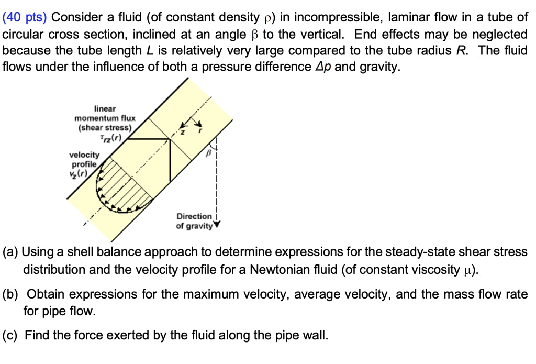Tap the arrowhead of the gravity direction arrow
coord(216,226)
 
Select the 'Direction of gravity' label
coord(194,221)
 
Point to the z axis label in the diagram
coord(183,133)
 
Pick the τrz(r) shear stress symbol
coord(110,138)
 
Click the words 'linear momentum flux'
coord(105,114)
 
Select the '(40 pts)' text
coord(25,18)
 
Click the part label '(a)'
coord(10,252)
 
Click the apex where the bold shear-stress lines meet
coord(170,139)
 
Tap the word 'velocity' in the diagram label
coord(84,155)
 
